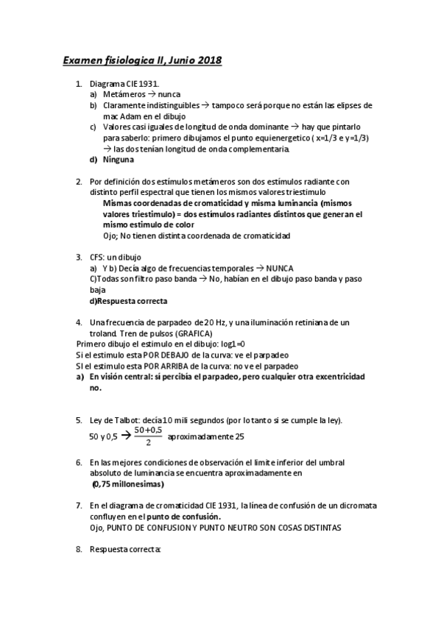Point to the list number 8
pyautogui.click(x=79, y=550)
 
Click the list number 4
pyautogui.click(x=79, y=322)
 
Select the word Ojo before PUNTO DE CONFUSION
pyautogui.click(x=98, y=528)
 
